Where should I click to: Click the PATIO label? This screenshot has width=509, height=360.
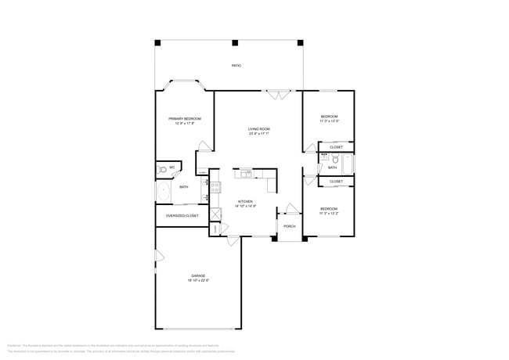(236, 66)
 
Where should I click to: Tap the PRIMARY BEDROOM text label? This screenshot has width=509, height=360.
(185, 118)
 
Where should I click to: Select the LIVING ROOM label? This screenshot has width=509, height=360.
(259, 128)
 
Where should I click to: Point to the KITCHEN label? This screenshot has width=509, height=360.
(246, 201)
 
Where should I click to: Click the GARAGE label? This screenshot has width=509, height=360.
(198, 275)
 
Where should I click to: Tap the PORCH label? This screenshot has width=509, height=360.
(289, 225)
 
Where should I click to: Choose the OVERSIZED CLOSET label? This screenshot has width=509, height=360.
(182, 215)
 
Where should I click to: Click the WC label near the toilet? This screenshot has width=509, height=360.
(172, 167)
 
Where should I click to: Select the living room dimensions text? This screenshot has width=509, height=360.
(259, 134)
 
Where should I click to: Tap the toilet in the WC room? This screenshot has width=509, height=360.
(161, 167)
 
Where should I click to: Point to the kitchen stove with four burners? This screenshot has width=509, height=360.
(215, 187)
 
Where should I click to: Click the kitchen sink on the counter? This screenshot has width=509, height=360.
(246, 173)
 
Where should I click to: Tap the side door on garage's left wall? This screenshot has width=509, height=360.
(157, 256)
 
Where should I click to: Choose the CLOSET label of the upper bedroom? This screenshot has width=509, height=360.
(336, 147)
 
